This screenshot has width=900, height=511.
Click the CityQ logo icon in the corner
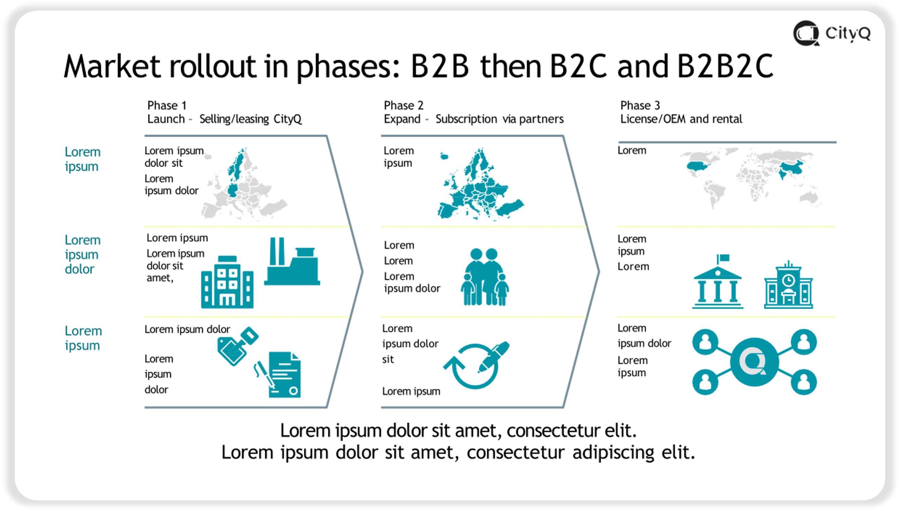[806, 33]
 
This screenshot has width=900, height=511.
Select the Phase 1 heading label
[167, 105]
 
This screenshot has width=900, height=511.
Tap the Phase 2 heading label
[404, 105]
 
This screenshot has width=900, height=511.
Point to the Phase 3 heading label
[640, 105]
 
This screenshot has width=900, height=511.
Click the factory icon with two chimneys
[292, 262]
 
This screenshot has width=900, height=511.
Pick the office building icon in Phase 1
[227, 282]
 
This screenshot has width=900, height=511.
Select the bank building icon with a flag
[718, 282]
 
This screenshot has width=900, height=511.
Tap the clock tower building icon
[788, 285]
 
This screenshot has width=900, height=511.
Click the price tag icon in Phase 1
[238, 346]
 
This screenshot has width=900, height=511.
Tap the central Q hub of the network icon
[754, 362]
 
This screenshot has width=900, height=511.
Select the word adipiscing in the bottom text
[614, 452]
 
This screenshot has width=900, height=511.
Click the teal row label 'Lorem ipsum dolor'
[83, 254]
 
